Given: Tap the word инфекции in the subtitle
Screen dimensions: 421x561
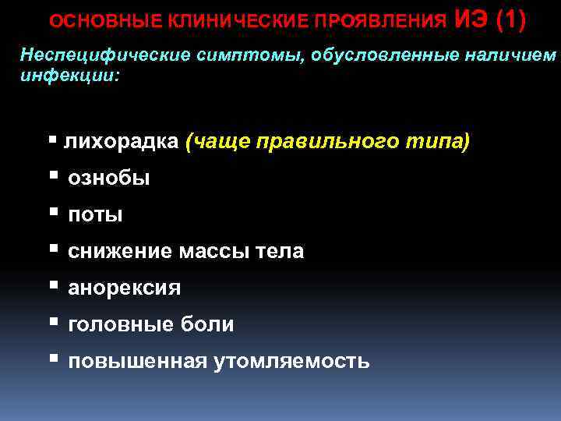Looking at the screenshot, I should (66, 76).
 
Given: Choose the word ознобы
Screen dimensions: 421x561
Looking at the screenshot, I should (109, 179).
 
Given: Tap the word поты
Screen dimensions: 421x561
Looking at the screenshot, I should (95, 214).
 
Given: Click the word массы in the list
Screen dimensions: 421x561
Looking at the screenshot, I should (213, 251).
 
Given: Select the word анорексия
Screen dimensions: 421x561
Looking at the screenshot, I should (125, 288).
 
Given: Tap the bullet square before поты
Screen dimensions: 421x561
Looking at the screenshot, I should (53, 212).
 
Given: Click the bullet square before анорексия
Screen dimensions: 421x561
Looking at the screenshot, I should (53, 285).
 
